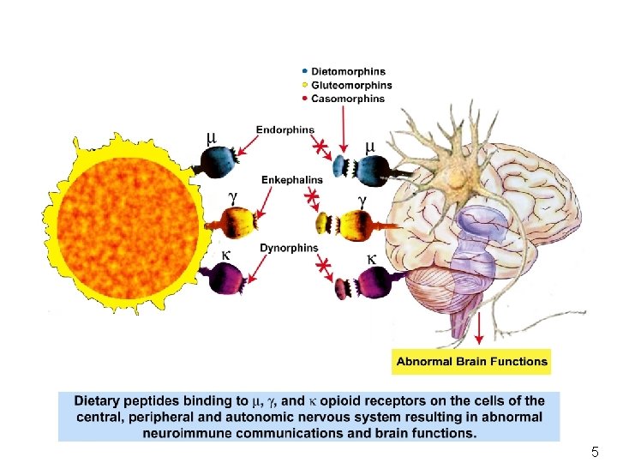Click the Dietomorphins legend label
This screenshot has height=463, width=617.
[348, 71]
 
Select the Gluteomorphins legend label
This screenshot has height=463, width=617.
[351, 85]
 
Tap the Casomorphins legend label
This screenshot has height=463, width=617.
[348, 99]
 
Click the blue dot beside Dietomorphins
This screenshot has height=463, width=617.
[305, 71]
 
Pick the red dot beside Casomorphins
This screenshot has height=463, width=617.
[305, 99]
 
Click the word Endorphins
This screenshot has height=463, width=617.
[285, 129]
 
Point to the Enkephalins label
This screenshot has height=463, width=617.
[292, 180]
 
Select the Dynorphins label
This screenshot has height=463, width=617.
[289, 248]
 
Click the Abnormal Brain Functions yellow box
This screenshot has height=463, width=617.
[471, 361]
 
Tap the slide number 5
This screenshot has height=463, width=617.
[595, 451]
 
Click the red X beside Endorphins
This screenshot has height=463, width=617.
[320, 148]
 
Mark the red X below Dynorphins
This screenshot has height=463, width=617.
[324, 268]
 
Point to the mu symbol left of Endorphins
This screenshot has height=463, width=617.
[211, 137]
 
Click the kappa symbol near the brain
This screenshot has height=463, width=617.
[371, 258]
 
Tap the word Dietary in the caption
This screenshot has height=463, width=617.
[99, 400]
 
